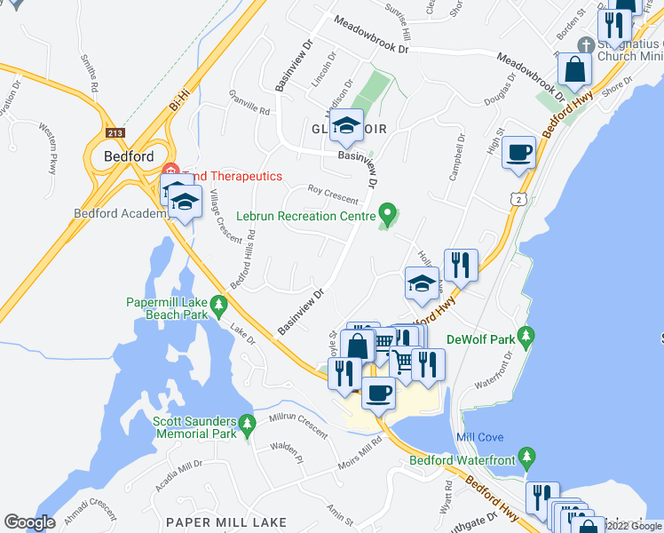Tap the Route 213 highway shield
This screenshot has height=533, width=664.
coord(115,133)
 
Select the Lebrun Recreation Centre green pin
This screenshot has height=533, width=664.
coord(386,213)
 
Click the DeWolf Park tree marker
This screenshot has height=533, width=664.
coord(527,336)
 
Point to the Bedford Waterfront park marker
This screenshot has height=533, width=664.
coord(527,457)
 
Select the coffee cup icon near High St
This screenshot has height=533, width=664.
coord(519,152)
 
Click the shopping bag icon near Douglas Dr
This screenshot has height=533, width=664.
coord(575,72)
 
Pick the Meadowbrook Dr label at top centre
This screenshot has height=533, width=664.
coord(371,35)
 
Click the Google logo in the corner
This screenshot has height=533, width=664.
coord(29,522)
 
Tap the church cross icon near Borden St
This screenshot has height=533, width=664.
coord(585,44)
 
